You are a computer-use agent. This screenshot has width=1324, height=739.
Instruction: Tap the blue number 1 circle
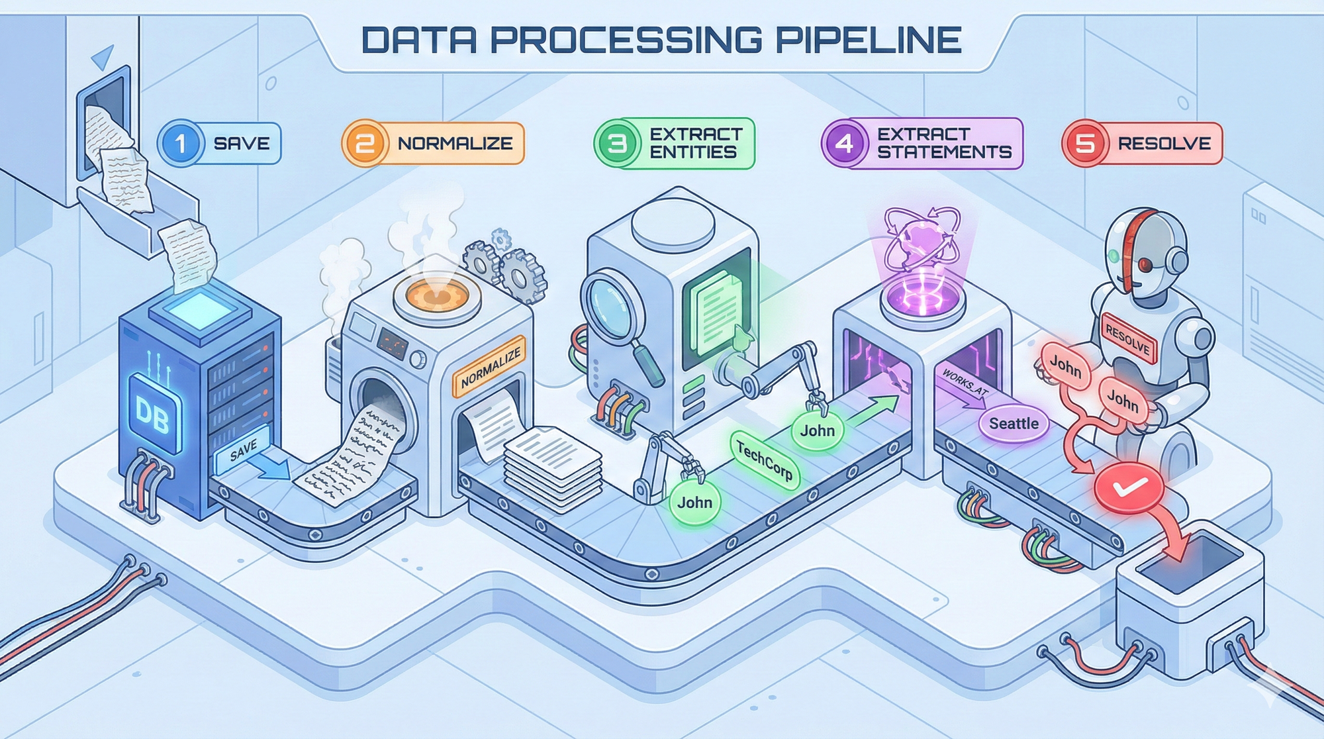click(x=180, y=143)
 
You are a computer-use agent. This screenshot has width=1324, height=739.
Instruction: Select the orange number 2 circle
click(x=365, y=143)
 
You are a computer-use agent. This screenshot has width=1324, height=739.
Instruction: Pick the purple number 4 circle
click(x=845, y=143)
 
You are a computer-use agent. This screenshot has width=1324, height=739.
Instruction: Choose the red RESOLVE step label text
click(x=1164, y=143)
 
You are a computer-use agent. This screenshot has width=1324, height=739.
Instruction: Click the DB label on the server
click(x=152, y=415)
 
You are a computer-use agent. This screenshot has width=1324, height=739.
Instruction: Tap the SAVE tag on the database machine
click(x=243, y=450)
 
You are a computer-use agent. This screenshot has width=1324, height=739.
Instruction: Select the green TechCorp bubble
click(x=765, y=460)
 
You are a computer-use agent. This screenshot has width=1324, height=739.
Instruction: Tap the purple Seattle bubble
click(x=1014, y=423)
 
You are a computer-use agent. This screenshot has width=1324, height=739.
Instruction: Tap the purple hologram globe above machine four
click(x=922, y=246)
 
